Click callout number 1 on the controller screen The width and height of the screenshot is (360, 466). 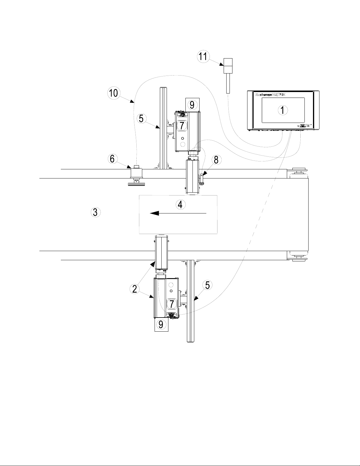tap(282, 110)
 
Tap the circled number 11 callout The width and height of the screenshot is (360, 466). tap(203, 56)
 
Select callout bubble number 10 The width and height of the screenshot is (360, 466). tap(113, 93)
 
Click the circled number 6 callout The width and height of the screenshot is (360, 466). tap(112, 159)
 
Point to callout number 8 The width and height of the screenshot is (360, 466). tap(216, 160)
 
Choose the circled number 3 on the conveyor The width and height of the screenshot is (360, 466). tap(95, 212)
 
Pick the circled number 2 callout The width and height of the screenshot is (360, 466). tap(134, 289)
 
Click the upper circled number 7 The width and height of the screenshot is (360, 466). tap(182, 126)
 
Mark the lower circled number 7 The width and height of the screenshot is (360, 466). tap(172, 303)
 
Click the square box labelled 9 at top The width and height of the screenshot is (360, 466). tap(192, 104)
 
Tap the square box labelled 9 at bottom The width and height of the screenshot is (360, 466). tap(161, 324)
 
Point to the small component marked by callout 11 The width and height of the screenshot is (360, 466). tap(228, 66)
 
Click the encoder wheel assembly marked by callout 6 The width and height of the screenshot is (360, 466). tap(136, 176)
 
